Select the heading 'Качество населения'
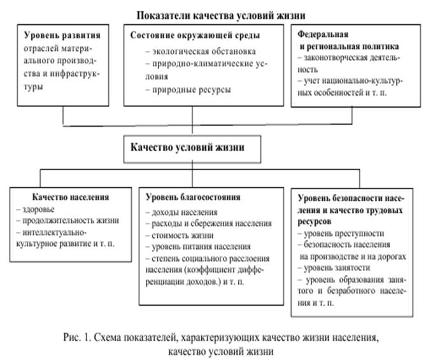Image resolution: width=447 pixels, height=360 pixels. pos(70,197)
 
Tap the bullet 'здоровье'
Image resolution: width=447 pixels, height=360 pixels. pos(35,209)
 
